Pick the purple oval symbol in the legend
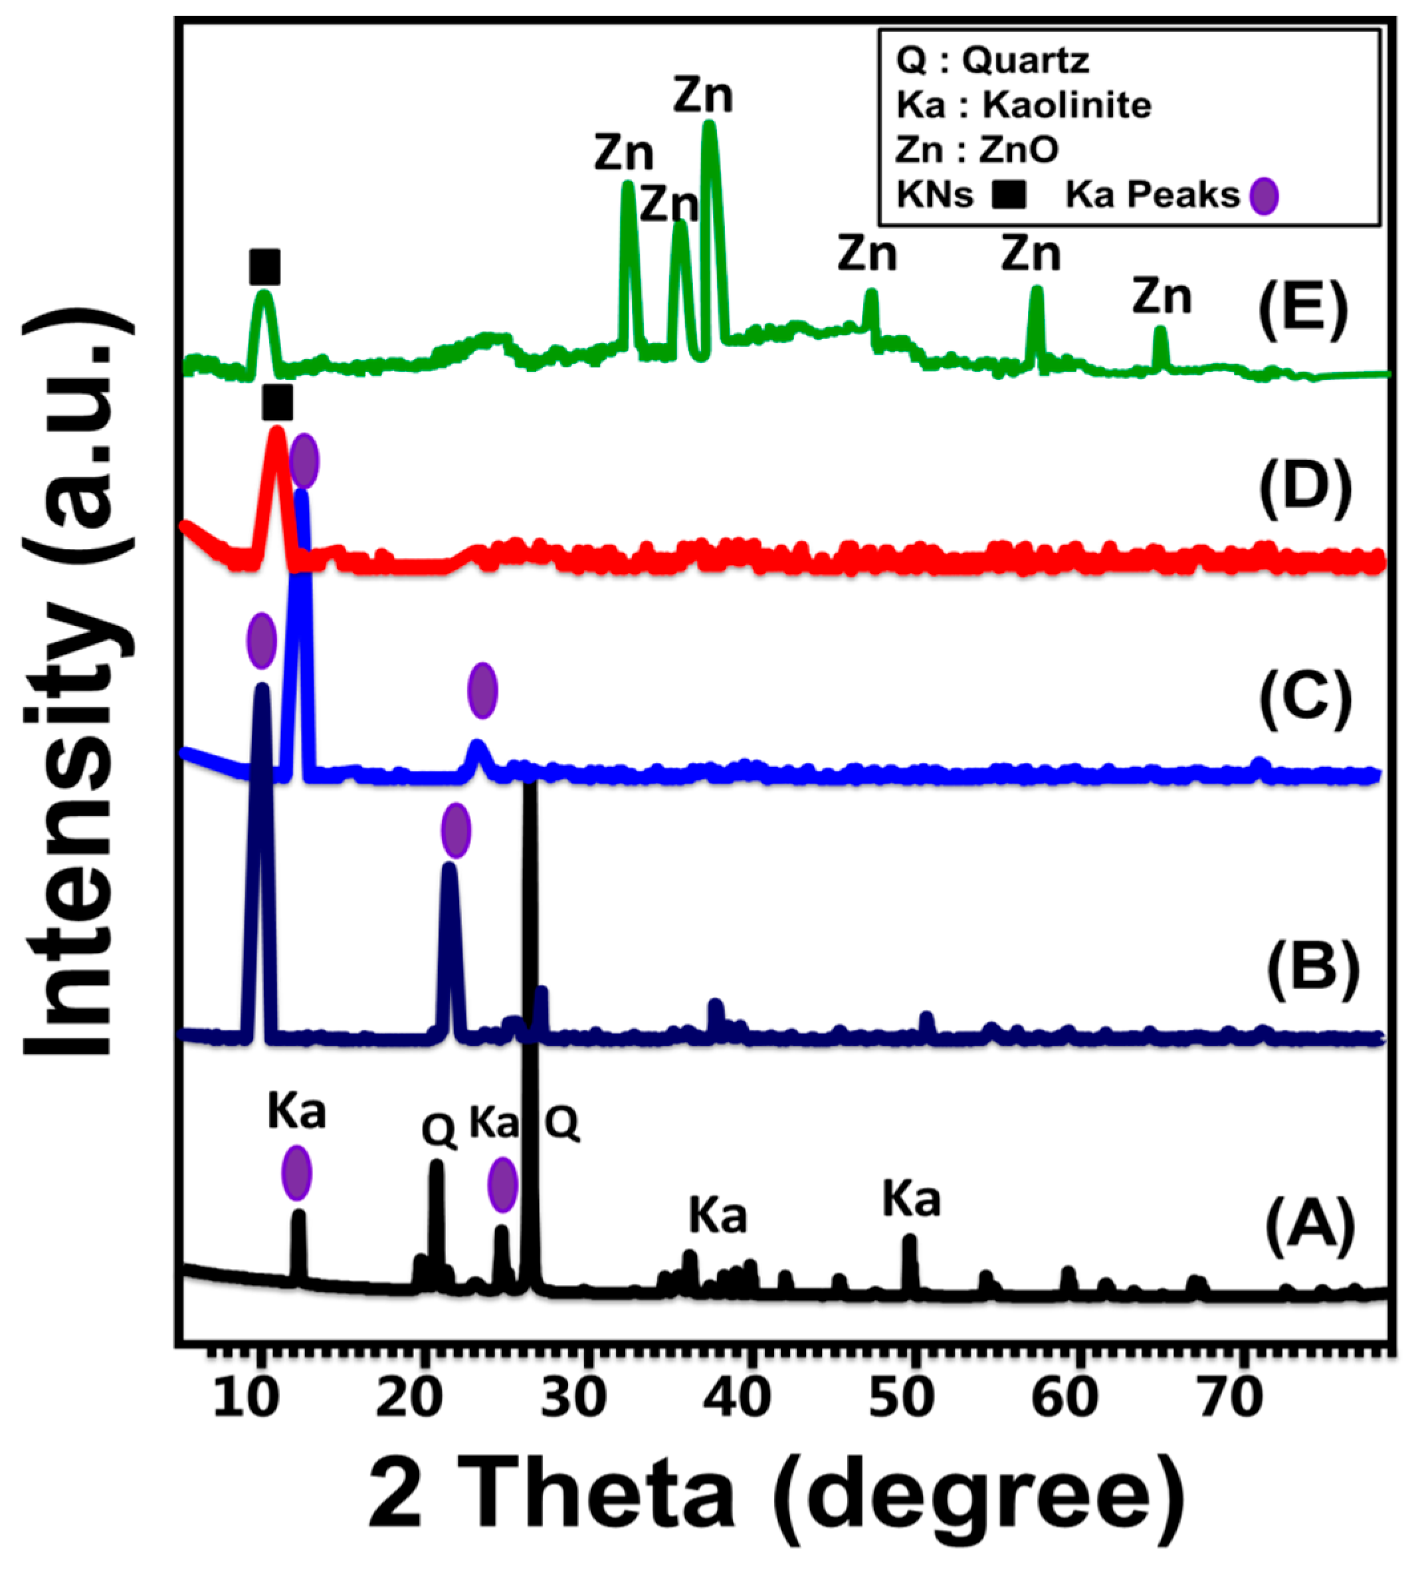(x=1264, y=195)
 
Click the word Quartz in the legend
(x=1025, y=60)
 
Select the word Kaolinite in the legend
(x=1066, y=105)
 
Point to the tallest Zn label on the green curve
(x=703, y=96)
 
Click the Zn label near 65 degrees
(x=1162, y=297)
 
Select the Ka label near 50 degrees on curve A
(x=911, y=1200)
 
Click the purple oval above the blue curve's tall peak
(x=304, y=461)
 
